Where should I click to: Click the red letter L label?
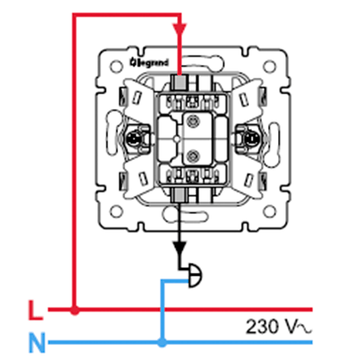pyautogui.click(x=35, y=310)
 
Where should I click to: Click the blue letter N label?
pyautogui.click(x=37, y=343)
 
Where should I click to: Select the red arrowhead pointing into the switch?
pyautogui.click(x=180, y=30)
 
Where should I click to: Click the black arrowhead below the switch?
pyautogui.click(x=180, y=248)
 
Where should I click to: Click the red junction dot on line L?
pyautogui.click(x=75, y=310)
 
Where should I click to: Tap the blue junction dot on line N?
pyautogui.click(x=162, y=342)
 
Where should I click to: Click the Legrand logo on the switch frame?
pyautogui.click(x=149, y=63)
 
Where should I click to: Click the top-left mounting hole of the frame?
pyautogui.click(x=116, y=66)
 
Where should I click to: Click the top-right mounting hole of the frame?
pyautogui.click(x=269, y=66)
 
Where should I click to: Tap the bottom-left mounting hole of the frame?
pyautogui.click(x=117, y=212)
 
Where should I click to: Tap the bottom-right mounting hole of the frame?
pyautogui.click(x=269, y=212)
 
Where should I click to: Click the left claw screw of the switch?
pyautogui.click(x=132, y=139)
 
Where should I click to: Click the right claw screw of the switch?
pyautogui.click(x=250, y=139)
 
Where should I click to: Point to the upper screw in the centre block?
pyautogui.click(x=192, y=120)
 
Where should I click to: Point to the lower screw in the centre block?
pyautogui.click(x=192, y=156)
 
